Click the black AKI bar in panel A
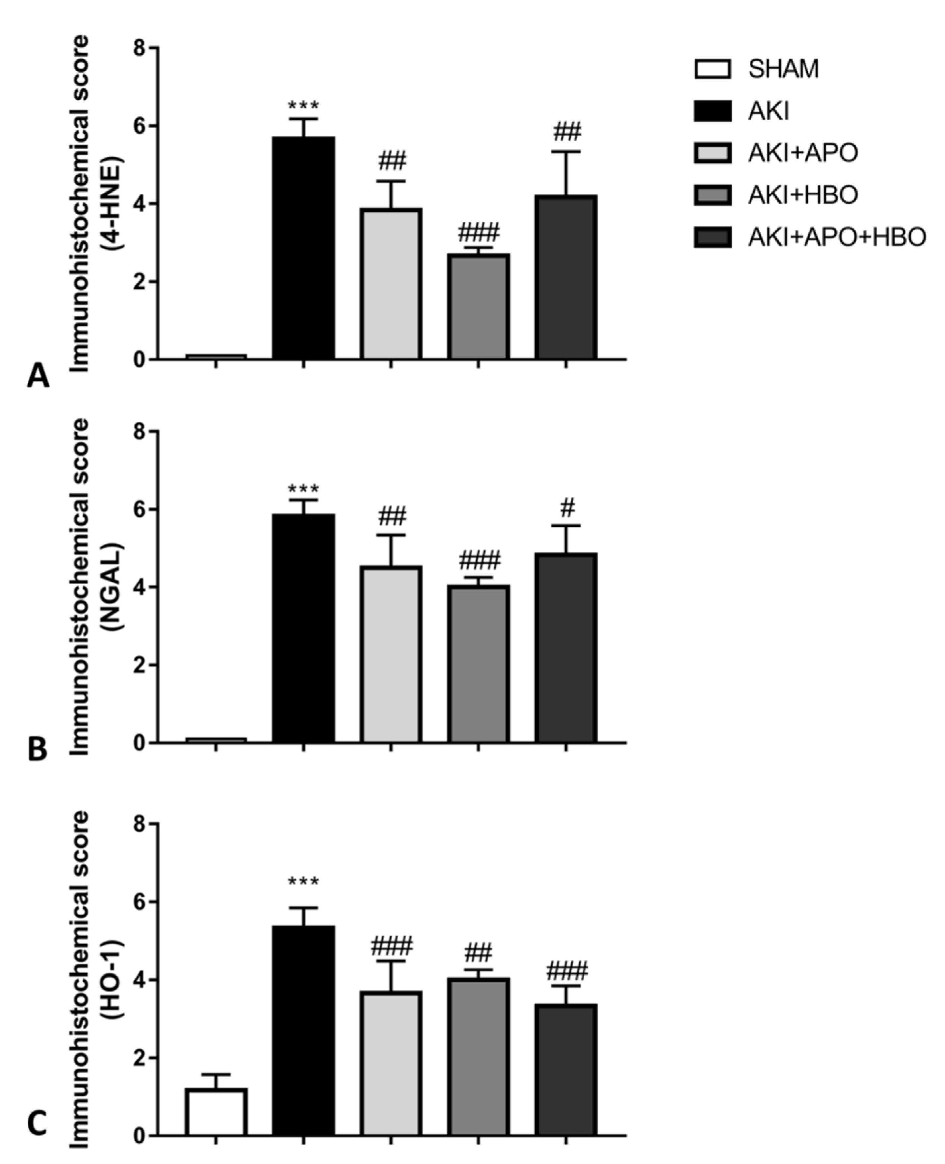click(x=303, y=248)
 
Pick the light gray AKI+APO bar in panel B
click(x=390, y=654)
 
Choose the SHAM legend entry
click(x=783, y=69)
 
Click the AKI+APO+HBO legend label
click(x=837, y=237)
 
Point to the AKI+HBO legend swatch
click(x=712, y=195)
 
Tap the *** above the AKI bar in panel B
click(x=303, y=489)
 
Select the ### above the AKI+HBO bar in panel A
click(x=478, y=233)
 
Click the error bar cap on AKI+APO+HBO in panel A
click(x=566, y=152)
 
